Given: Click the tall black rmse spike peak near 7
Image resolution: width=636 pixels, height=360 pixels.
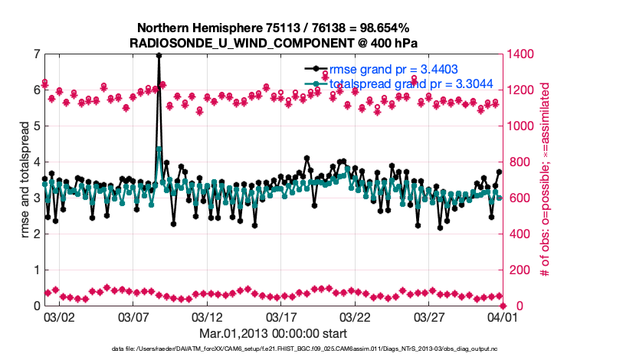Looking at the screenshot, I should (159, 55).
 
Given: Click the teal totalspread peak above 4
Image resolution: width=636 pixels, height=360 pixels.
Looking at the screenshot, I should (159, 149).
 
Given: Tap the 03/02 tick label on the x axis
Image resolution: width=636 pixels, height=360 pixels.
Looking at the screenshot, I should (59, 316).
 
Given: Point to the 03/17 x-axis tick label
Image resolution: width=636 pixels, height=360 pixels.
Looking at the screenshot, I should (280, 316).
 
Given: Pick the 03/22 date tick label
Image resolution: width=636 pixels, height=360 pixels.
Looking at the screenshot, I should (355, 316).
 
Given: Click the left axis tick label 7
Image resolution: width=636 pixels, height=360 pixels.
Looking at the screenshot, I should (36, 54).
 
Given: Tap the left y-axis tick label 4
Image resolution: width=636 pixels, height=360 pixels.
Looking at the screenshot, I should (36, 162).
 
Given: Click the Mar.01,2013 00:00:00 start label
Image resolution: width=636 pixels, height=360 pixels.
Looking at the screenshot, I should (273, 333).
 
